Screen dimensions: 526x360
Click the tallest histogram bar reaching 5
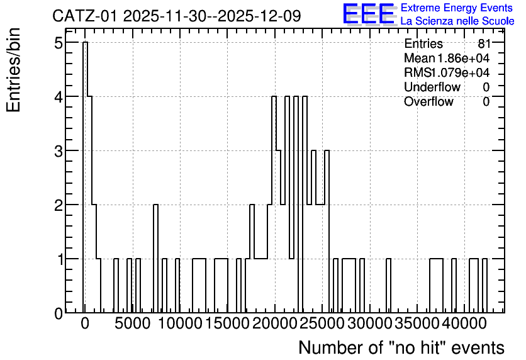85,177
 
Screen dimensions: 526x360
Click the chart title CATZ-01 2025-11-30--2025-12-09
177,16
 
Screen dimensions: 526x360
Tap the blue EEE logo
369,14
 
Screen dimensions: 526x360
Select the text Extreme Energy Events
457,8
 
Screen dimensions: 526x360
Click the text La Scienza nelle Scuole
457,21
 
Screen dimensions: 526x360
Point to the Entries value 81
484,43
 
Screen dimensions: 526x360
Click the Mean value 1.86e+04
463,59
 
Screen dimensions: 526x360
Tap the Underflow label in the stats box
432,87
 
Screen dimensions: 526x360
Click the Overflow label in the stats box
428,101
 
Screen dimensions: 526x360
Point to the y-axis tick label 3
59,151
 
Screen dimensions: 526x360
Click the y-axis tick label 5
59,43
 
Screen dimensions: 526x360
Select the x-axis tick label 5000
132,323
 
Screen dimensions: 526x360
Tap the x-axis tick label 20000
275,323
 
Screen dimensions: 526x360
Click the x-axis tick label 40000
464,323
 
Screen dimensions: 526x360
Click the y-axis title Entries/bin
14,70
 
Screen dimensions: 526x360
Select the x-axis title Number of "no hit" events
401,348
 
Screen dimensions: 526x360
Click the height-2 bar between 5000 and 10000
155,259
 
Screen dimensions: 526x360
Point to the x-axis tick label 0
85,323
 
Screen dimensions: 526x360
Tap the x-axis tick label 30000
370,323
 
